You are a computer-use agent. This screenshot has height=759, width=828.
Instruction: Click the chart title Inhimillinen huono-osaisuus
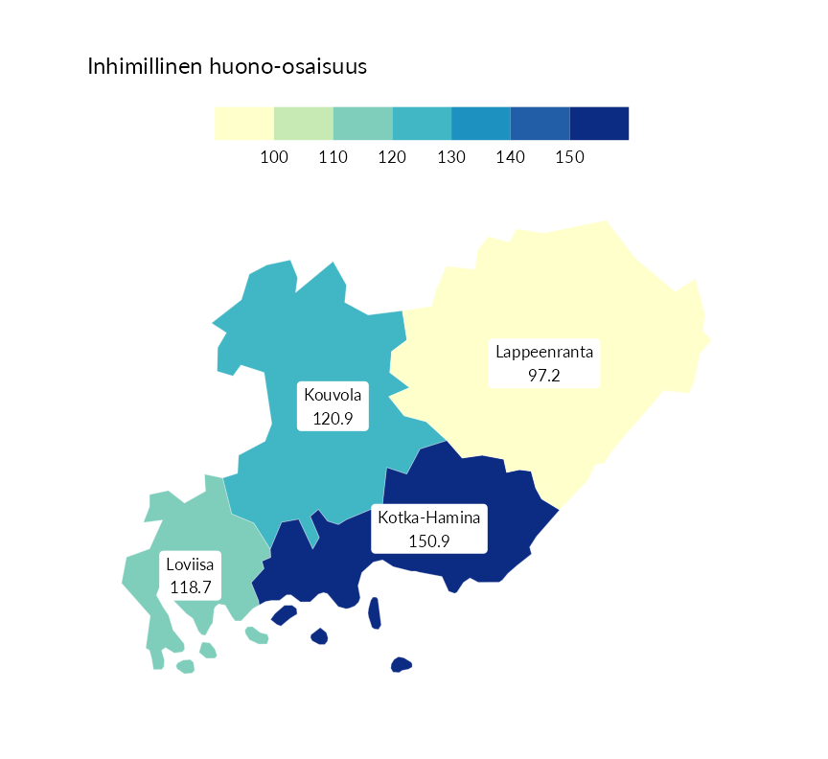coord(228,67)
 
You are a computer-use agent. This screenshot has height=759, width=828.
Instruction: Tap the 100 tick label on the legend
coord(274,157)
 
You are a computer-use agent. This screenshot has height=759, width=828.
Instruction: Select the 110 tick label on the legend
coord(333,157)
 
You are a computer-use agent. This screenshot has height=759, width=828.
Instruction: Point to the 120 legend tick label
coord(392,157)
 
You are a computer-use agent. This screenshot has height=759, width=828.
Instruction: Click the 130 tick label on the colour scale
coord(451,157)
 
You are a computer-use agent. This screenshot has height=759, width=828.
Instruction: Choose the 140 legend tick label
coord(511,157)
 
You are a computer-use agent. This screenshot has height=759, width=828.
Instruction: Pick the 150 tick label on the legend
coord(569,157)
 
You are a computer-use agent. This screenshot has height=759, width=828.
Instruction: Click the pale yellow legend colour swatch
coord(244,124)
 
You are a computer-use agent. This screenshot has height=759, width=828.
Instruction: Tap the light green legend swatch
coord(304,124)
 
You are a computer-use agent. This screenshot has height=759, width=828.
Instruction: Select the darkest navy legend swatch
coord(599,124)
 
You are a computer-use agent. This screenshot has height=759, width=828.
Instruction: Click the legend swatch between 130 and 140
coord(481,124)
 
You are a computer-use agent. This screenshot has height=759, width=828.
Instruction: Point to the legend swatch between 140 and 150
coord(540,124)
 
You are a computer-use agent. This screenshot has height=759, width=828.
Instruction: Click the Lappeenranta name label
coord(544,352)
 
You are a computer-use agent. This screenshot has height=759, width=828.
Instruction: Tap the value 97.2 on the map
coord(544,375)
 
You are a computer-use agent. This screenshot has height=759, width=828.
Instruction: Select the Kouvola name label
coord(333,395)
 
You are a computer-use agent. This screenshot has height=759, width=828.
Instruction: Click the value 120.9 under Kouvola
coord(333,418)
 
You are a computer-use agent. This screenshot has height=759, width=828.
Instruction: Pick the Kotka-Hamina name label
coord(428,517)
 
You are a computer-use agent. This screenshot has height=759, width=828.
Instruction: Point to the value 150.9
coord(428,540)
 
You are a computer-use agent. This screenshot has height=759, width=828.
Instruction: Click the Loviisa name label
coord(190,563)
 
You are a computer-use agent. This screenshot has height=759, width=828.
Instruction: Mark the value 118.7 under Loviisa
coord(190,586)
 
